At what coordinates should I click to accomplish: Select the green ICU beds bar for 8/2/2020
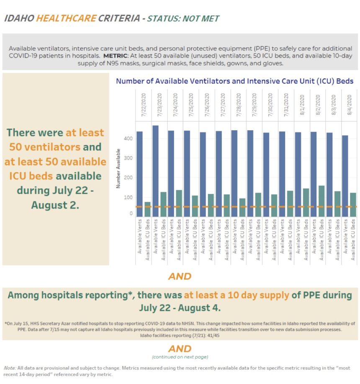[x=321, y=201]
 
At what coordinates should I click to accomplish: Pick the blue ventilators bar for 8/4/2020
[x=345, y=176]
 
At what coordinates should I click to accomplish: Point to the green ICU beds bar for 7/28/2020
[x=242, y=207]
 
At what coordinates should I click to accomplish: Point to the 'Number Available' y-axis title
[x=119, y=168]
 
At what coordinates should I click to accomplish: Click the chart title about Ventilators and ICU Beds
[x=234, y=81]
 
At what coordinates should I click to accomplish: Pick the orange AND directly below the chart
[x=180, y=276]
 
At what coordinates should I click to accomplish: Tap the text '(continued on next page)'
[x=180, y=357]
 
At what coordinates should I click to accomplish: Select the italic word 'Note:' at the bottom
[x=9, y=368]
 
